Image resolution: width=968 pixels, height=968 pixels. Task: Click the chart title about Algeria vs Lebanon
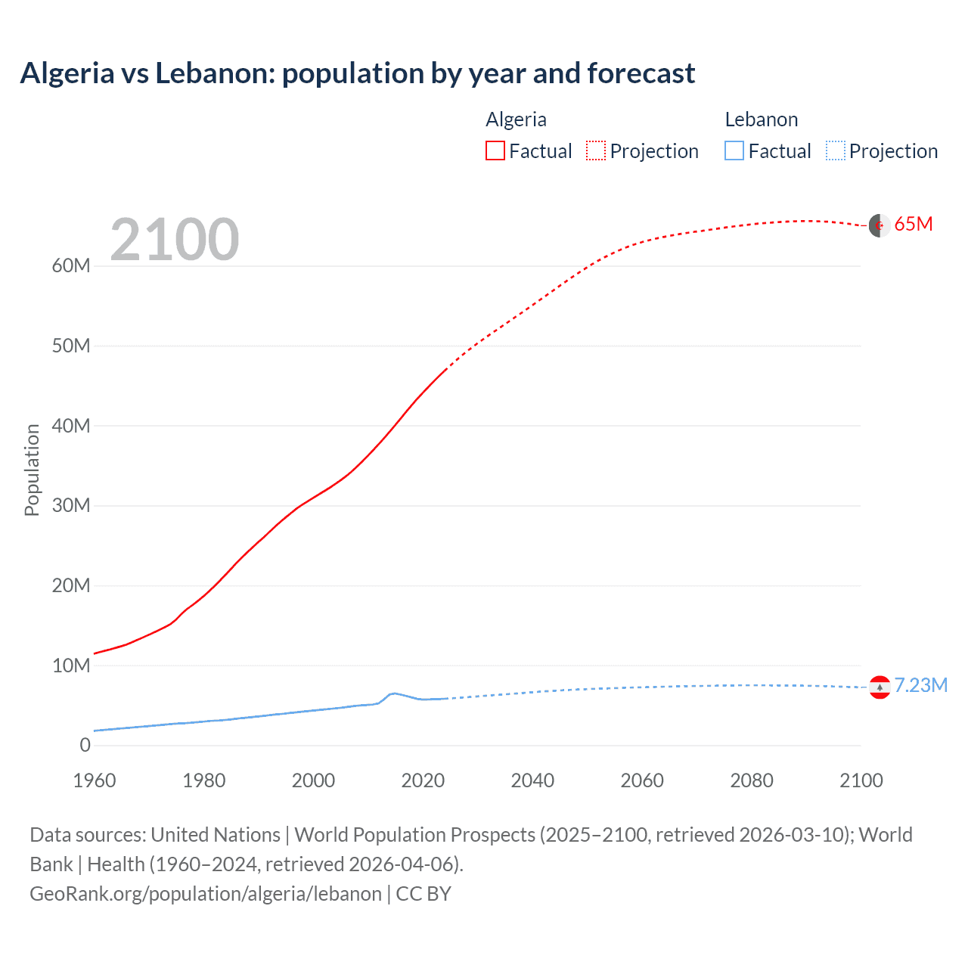(357, 73)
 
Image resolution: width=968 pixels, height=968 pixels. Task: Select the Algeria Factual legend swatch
(495, 150)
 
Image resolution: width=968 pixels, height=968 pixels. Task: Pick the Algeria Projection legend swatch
(596, 150)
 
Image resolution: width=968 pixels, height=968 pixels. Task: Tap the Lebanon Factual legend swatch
(734, 150)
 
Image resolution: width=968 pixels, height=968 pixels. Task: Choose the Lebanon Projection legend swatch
(836, 150)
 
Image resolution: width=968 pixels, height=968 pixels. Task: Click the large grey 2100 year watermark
(175, 240)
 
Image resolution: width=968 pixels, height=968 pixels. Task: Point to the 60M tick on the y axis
(71, 266)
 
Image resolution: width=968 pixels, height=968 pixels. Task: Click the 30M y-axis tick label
(71, 505)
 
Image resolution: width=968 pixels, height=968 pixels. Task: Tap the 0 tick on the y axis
(85, 745)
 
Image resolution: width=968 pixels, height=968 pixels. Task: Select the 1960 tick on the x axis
(95, 780)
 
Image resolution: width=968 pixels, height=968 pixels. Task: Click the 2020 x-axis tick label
(423, 780)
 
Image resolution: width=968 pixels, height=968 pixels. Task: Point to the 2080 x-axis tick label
(752, 780)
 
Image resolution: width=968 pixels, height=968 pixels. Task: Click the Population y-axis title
(32, 470)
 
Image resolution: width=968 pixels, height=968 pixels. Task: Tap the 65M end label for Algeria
(913, 225)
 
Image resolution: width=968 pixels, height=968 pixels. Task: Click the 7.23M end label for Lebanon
(920, 685)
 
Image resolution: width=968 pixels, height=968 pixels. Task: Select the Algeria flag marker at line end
(879, 225)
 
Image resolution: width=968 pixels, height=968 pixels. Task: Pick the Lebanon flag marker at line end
(879, 687)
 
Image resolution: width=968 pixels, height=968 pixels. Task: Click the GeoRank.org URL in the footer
(206, 894)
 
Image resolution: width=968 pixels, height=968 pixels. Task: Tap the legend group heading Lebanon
(762, 119)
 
